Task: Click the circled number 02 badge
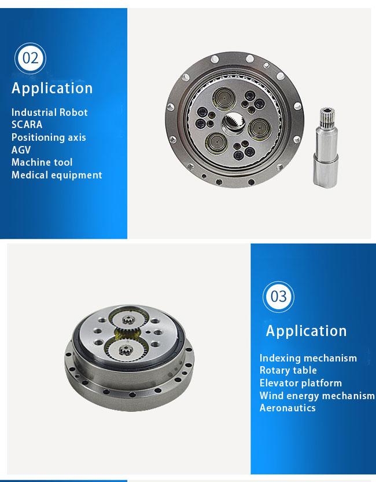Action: pos(30,58)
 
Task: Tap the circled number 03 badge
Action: pos(278,297)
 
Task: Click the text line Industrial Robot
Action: pos(49,112)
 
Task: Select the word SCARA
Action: pos(27,125)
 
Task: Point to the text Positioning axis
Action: pos(49,137)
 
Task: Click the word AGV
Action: pos(21,149)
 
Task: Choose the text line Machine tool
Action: pos(42,162)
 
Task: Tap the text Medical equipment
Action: pos(57,175)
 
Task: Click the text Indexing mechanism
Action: pos(308,358)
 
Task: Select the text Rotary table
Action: pos(288,370)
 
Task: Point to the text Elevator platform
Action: pos(300,383)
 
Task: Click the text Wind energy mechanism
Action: pos(317,396)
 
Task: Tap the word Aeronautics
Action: pos(287,408)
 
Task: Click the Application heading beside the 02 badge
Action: pos(52,89)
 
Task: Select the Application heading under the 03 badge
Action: pos(307,331)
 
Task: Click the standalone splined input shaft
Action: pos(326,148)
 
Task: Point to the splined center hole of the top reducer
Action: pos(234,122)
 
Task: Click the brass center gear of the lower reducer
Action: pos(127,334)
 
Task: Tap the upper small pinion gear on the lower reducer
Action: pos(128,320)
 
